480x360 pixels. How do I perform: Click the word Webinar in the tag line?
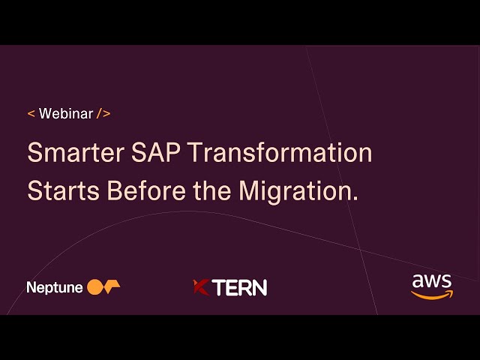[66, 114]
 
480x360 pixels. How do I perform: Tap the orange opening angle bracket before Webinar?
[31, 114]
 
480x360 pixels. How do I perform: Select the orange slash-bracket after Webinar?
[103, 114]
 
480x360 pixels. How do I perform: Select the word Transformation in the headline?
[280, 153]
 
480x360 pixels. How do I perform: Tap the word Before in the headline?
[147, 190]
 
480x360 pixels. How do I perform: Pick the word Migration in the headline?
[295, 192]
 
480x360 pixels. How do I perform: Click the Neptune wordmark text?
[55, 287]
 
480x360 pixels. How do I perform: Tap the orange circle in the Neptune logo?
[94, 286]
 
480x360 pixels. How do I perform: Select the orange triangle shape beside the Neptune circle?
[112, 286]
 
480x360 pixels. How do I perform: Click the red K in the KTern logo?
[200, 287]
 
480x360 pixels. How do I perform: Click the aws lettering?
[432, 282]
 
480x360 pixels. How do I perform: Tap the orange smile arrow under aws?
[432, 294]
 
